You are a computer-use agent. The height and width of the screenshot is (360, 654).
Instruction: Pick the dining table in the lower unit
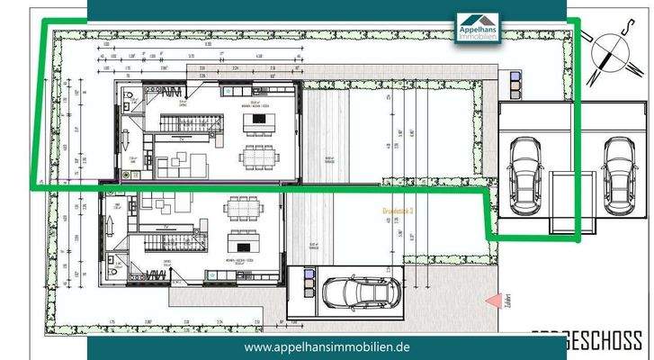pos(244,208)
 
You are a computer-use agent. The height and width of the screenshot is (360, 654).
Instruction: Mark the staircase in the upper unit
pos(179,121)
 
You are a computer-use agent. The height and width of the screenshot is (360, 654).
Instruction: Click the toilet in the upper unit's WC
pos(129,94)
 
